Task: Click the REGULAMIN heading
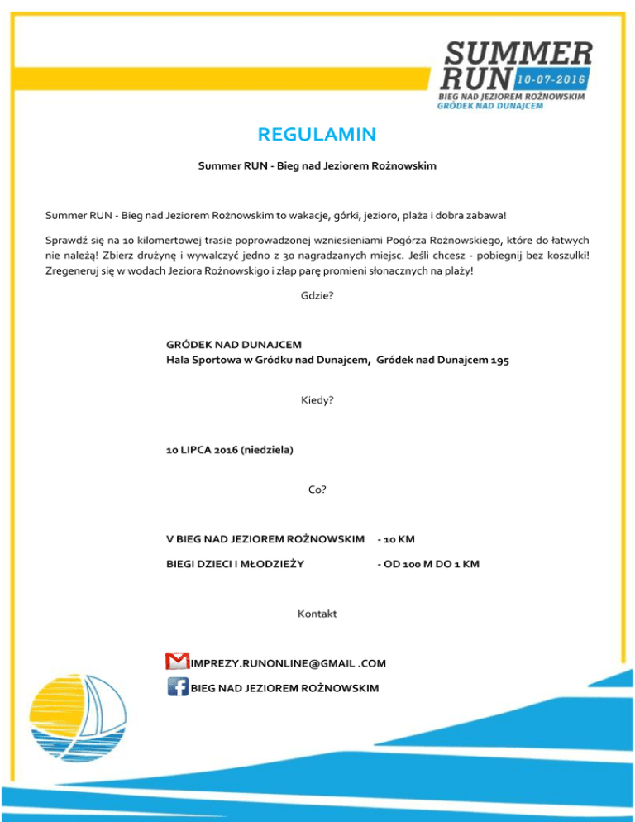click(317, 134)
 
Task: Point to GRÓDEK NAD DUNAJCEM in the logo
click(496, 108)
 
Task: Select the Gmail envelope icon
click(176, 662)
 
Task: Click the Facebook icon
click(176, 687)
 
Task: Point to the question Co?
click(317, 490)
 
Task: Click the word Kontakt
click(317, 614)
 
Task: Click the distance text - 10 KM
click(395, 539)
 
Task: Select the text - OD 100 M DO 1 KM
click(427, 564)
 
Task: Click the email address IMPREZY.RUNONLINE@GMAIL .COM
click(287, 663)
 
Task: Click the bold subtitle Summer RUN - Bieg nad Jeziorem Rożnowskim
click(317, 166)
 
